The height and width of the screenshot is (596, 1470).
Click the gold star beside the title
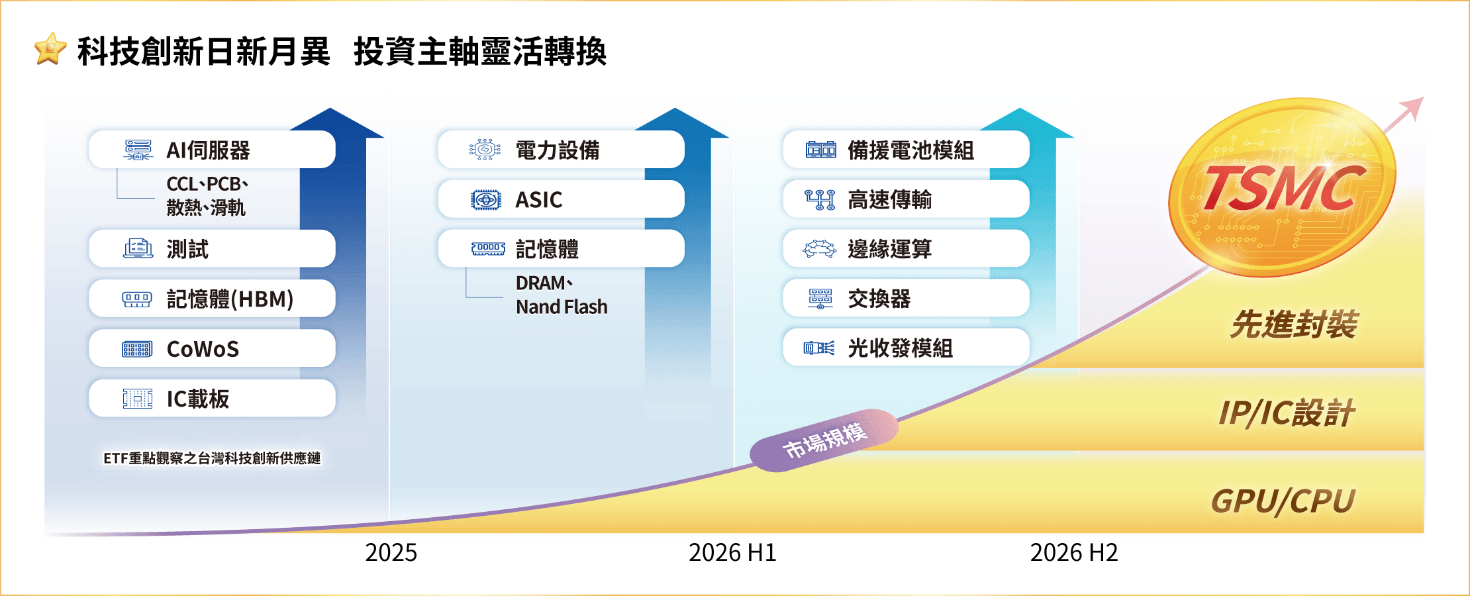50,49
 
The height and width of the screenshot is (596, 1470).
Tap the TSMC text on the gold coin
1285,188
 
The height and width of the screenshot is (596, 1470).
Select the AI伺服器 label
208,150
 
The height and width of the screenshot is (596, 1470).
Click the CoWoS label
203,349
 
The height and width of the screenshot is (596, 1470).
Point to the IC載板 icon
138,399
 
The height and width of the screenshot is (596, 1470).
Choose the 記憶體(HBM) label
230,299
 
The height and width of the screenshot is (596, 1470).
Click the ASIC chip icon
486,199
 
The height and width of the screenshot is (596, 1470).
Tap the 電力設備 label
558,150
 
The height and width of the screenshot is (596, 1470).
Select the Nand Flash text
562,307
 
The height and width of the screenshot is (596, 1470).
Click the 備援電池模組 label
910,150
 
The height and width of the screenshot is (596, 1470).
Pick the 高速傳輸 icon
820,199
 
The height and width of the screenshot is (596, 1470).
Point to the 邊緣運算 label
889,249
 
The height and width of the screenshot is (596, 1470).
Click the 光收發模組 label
900,348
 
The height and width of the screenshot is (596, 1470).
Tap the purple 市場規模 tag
824,440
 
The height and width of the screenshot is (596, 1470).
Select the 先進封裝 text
1294,324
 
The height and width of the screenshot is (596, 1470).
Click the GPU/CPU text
1283,501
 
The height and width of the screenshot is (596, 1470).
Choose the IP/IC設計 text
1287,413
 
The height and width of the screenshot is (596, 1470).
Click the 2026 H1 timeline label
732,552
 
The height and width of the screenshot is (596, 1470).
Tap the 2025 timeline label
391,552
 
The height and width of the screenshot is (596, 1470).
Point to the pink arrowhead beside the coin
1412,107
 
